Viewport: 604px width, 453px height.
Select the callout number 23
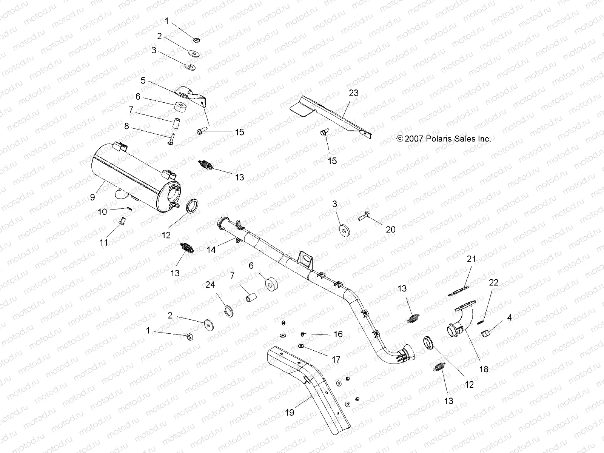tap(354, 93)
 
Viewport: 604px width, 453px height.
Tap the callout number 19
tap(289, 413)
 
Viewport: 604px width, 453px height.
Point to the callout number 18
tap(484, 369)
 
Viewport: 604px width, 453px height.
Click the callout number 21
tap(471, 259)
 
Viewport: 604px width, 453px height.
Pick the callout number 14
tap(211, 250)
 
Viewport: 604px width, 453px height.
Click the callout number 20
tap(391, 229)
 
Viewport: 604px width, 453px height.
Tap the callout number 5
tap(143, 80)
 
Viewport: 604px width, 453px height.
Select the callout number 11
tap(104, 243)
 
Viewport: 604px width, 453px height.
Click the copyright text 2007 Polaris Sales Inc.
tap(444, 139)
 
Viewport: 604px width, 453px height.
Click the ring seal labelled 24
tap(229, 312)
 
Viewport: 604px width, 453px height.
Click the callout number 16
tap(338, 334)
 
